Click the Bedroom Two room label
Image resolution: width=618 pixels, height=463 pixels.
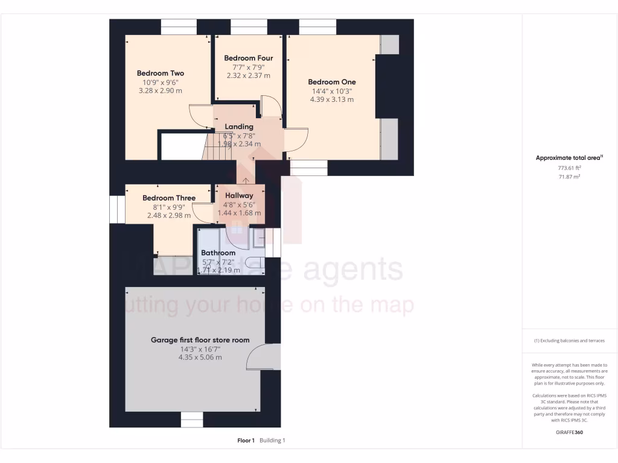(160, 74)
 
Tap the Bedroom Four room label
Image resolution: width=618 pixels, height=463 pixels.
(248, 58)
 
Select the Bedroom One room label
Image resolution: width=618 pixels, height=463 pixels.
(331, 82)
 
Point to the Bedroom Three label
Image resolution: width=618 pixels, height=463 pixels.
(169, 198)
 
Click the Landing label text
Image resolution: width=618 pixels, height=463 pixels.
(239, 127)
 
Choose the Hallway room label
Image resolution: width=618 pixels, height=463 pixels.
(239, 195)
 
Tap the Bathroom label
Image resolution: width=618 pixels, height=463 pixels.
(218, 253)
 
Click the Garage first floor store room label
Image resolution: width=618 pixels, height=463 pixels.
(200, 340)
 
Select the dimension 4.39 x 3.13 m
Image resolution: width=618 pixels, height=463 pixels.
(331, 99)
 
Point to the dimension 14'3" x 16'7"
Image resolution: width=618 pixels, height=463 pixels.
(200, 348)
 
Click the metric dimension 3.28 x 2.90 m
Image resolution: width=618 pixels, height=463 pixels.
(160, 90)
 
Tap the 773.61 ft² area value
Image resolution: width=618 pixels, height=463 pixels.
(569, 168)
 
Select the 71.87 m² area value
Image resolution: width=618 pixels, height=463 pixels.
(569, 177)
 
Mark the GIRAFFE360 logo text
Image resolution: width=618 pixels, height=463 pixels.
(569, 432)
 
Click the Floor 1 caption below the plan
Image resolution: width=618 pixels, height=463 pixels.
(246, 440)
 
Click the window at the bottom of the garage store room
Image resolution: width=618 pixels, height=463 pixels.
(192, 419)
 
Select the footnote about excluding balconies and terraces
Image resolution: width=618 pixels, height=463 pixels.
(569, 341)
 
